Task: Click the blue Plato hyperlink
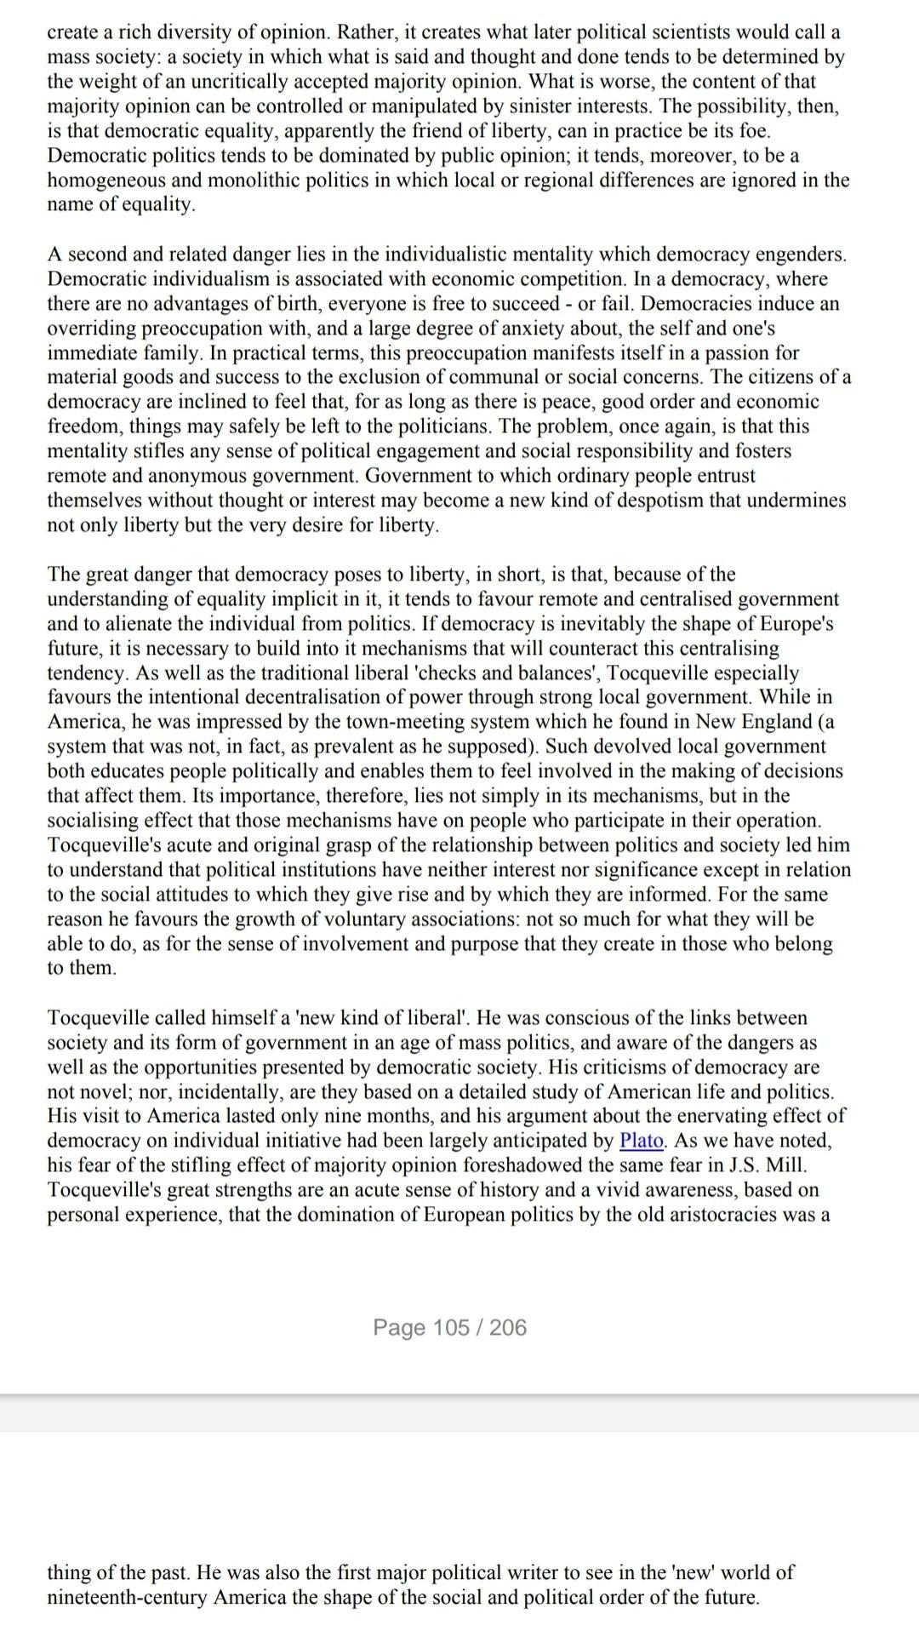642,1141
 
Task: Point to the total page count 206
508,1327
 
